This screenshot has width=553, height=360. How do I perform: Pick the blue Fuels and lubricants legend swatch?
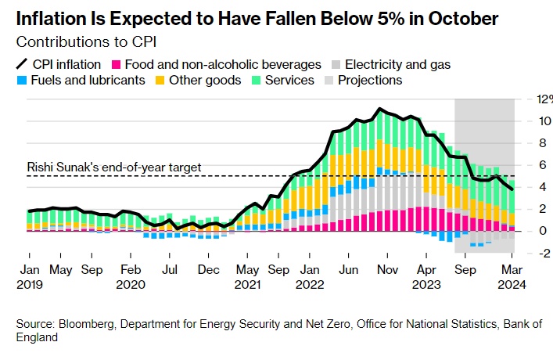pyautogui.click(x=21, y=81)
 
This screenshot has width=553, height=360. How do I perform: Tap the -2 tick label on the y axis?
pyautogui.click(x=525, y=253)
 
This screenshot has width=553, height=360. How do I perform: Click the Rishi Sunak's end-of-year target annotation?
pyautogui.click(x=114, y=167)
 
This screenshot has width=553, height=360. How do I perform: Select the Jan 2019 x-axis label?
pyautogui.click(x=29, y=277)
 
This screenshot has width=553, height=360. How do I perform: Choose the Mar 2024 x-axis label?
pyautogui.click(x=512, y=277)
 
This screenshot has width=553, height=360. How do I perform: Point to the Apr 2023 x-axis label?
pyautogui.click(x=427, y=277)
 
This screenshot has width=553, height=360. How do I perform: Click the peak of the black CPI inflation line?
pyautogui.click(x=379, y=109)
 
